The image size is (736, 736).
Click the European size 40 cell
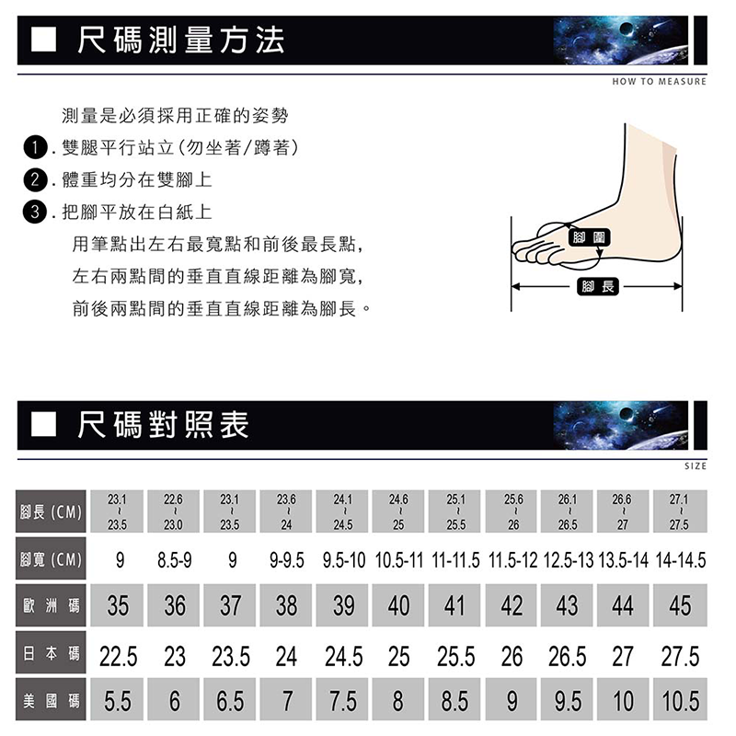[398, 605]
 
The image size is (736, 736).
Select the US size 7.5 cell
[341, 701]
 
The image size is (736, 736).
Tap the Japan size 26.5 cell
[568, 656]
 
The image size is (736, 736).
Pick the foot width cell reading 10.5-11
[399, 559]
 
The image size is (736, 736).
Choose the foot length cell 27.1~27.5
[680, 512]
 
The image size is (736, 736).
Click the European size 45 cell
[680, 605]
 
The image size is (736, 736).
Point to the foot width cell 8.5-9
[174, 559]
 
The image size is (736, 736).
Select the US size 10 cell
[623, 701]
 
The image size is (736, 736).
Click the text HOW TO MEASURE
[659, 82]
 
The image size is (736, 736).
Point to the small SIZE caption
[696, 466]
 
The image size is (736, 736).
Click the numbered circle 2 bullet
[35, 179]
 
